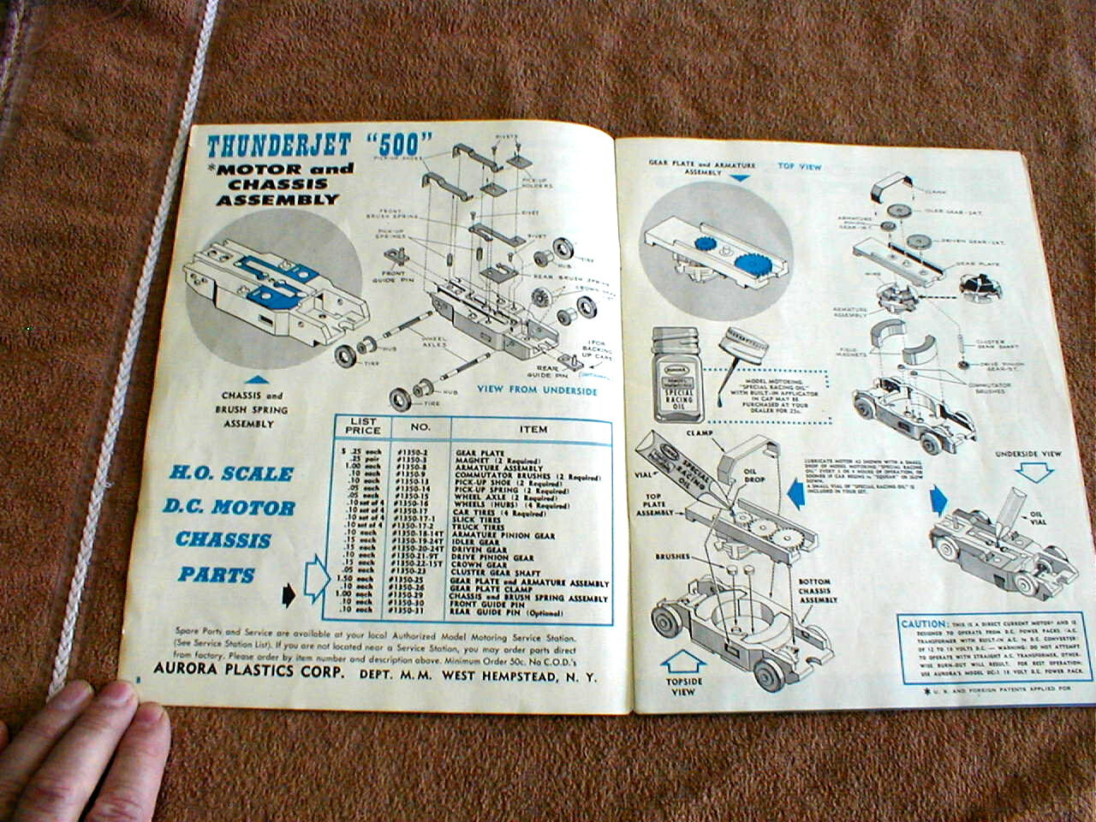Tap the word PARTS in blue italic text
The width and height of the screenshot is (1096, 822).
tap(217, 575)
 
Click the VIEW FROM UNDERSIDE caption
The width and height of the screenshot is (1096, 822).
tap(537, 390)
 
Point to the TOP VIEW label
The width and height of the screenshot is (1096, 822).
tap(800, 166)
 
